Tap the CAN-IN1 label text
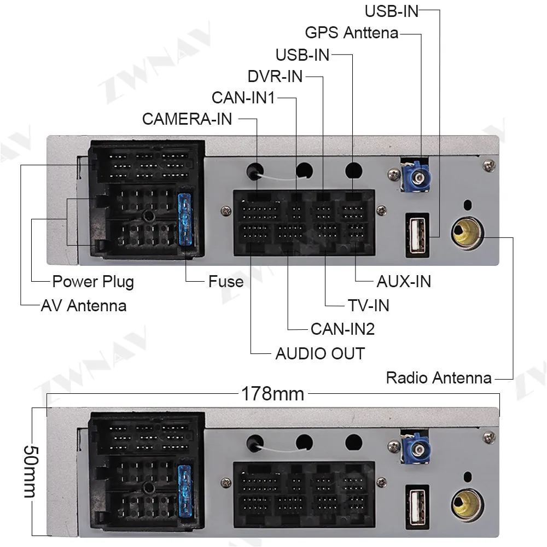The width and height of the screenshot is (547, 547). pyautogui.click(x=243, y=98)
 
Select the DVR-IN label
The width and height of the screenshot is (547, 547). pyautogui.click(x=275, y=76)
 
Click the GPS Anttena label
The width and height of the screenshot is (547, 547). pyautogui.click(x=351, y=32)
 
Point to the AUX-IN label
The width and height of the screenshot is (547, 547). pyautogui.click(x=404, y=281)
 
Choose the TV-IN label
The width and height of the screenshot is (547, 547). pyautogui.click(x=368, y=305)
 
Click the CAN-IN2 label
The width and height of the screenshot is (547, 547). pyautogui.click(x=342, y=329)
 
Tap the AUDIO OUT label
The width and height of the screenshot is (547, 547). pyautogui.click(x=320, y=353)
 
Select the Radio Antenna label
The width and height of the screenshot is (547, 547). pyautogui.click(x=439, y=377)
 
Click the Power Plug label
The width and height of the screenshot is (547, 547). pyautogui.click(x=92, y=282)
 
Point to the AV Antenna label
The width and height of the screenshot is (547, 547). pyautogui.click(x=84, y=305)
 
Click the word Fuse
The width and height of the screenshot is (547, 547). pyautogui.click(x=225, y=282)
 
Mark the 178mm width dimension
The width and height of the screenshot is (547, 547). pyautogui.click(x=272, y=393)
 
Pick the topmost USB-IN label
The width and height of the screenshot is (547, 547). pyautogui.click(x=392, y=10)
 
